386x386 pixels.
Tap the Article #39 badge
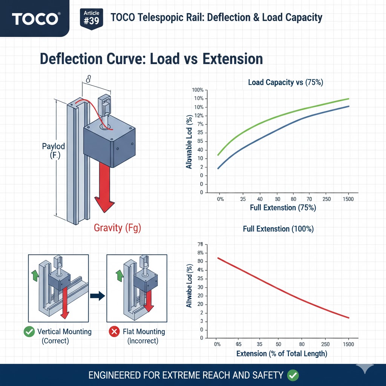point(91,18)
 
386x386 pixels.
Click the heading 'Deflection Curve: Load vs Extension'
point(151,59)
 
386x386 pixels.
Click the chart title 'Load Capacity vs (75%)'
point(285,83)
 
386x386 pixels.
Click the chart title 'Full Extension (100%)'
point(278,229)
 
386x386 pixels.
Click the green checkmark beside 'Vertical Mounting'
point(29,332)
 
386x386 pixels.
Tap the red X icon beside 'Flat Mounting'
point(114,332)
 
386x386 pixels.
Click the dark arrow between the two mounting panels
point(98,296)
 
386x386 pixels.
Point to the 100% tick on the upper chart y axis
point(198,90)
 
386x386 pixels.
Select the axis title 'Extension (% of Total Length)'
point(282,354)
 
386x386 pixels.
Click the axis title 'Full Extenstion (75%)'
point(283,208)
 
